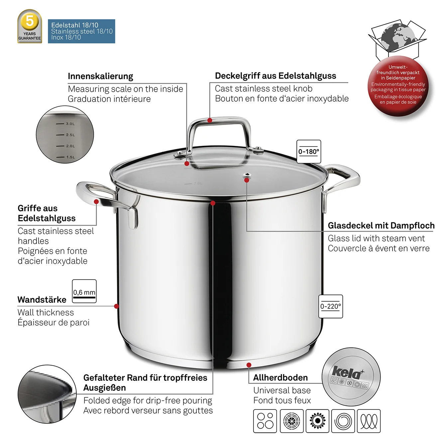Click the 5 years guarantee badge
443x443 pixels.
[x=30, y=26]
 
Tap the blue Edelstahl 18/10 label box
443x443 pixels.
[x=81, y=31]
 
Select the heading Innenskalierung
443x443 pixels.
[x=100, y=76]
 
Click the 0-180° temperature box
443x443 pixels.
[x=309, y=152]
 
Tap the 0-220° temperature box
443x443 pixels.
[x=331, y=306]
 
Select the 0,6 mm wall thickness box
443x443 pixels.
[x=84, y=291]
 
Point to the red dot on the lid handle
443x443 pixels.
[x=210, y=120]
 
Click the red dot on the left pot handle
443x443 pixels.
[x=96, y=202]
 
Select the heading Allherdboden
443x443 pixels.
[x=280, y=378]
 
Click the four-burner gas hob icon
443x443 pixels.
[x=265, y=421]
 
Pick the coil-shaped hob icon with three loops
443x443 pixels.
[x=369, y=421]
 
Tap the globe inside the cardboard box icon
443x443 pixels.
[x=398, y=37]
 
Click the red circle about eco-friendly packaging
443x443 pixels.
[x=398, y=85]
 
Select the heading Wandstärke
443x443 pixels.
[x=42, y=300]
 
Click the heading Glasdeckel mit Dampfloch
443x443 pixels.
[x=381, y=226]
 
